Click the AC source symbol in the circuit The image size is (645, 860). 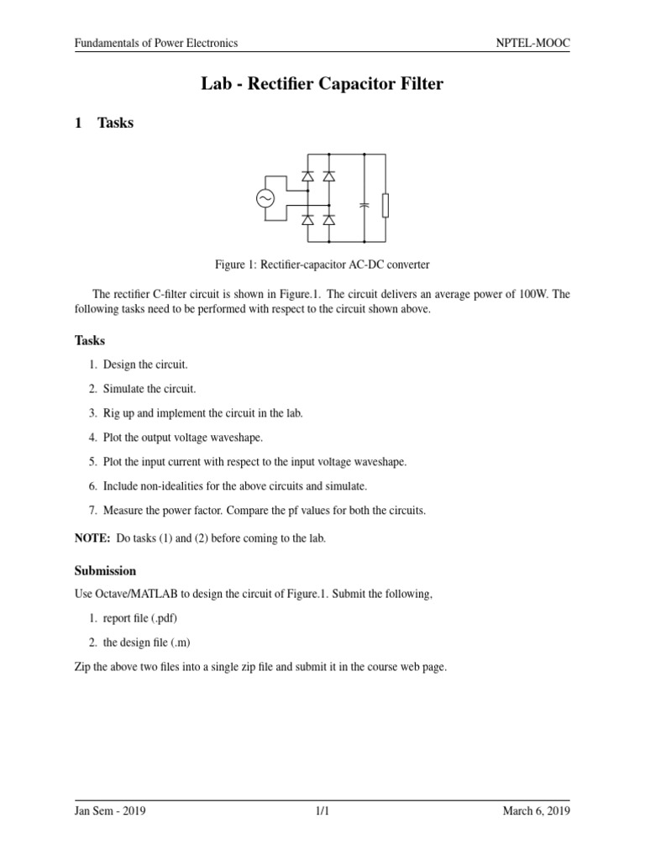(266, 198)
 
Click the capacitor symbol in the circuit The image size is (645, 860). (364, 204)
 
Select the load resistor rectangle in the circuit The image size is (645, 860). (385, 204)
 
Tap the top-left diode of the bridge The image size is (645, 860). (307, 177)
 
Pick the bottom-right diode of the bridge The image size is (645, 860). (328, 220)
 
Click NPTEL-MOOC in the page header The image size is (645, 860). (532, 43)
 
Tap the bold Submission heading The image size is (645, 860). (105, 570)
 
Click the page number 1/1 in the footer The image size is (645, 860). (322, 810)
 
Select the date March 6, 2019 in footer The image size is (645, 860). (536, 810)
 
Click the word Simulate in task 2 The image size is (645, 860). (124, 389)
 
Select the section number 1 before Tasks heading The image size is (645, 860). (78, 123)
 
